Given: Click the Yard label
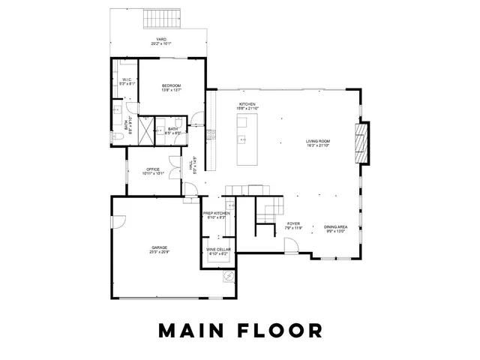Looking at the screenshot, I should coord(160,39).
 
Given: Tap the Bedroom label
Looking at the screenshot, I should coord(172,86).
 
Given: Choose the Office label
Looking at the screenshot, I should coord(153,169).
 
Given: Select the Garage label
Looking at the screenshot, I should coord(159,247).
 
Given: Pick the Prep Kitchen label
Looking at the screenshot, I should coord(217,213).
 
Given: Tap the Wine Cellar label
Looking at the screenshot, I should coord(218,249).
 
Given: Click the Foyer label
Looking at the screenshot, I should coord(294,223).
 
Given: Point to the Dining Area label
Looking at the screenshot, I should coord(335,226).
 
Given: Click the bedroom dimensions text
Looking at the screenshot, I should coord(172,91).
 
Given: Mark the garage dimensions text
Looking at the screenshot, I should coord(159,251).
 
